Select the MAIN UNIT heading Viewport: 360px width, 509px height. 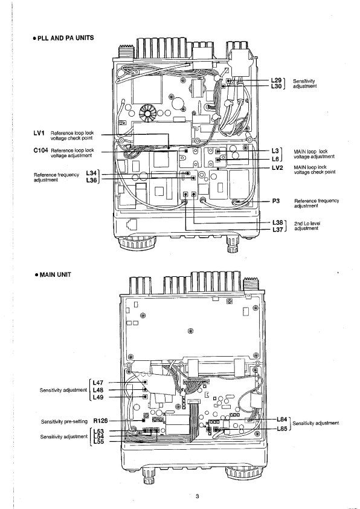click(53, 274)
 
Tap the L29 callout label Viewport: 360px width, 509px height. click(276, 80)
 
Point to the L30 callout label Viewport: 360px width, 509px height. click(276, 86)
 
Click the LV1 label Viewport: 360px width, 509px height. click(39, 133)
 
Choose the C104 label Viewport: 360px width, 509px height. click(41, 151)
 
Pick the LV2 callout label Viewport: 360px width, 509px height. click(277, 168)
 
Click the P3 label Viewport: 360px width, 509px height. click(275, 201)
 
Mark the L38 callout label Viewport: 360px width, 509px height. click(278, 222)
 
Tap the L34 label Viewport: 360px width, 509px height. click(91, 173)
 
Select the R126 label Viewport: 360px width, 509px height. click(100, 421)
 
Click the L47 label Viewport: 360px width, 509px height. click(98, 383)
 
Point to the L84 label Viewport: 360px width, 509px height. click(282, 420)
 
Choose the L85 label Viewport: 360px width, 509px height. click(282, 429)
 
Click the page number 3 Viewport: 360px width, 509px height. click(197, 496)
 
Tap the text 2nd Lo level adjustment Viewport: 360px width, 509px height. click(307, 226)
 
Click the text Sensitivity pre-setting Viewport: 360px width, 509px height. click(64, 421)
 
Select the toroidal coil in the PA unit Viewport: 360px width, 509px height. click(148, 113)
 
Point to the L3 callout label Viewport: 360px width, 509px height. click(275, 151)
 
